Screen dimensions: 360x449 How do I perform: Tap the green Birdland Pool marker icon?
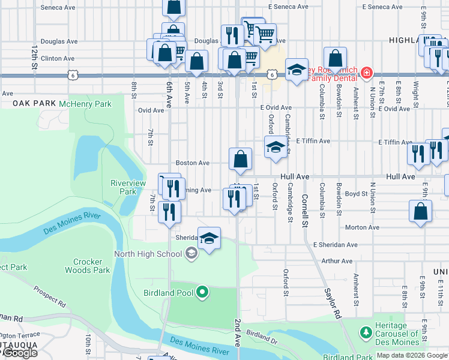coord(203,293)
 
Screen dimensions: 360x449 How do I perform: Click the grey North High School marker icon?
coord(191,253)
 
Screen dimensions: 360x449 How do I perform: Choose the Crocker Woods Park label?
coord(91,266)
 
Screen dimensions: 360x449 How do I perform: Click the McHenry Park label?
coord(85,104)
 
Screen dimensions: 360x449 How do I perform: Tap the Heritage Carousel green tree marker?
coord(366,332)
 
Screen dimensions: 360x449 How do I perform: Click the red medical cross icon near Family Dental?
coord(366,73)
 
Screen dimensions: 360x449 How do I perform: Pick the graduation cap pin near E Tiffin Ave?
coord(276,147)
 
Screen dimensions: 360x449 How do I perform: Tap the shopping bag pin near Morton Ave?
coord(421,212)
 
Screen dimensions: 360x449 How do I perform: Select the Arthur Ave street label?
coord(337,261)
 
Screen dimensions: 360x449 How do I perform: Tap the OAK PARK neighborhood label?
coord(32,103)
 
